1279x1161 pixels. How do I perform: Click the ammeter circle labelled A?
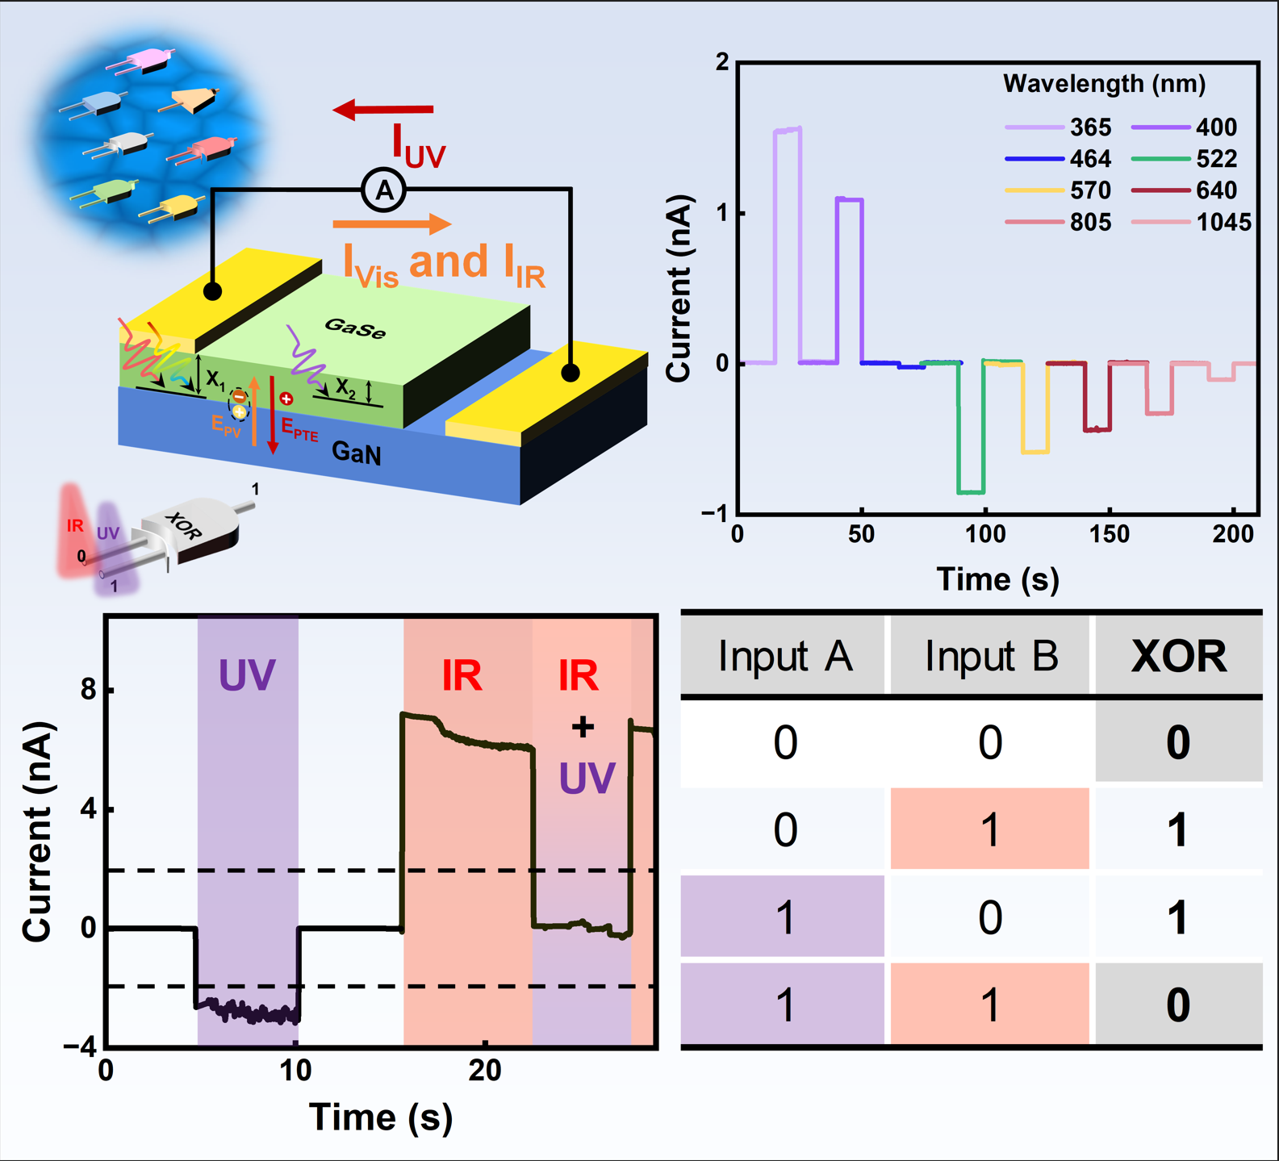[x=384, y=190]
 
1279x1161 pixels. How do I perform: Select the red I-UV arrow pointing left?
[x=383, y=109]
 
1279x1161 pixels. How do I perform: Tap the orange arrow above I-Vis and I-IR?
[x=391, y=223]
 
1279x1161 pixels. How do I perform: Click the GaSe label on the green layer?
[x=355, y=328]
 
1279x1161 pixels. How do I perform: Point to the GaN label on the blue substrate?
[x=356, y=453]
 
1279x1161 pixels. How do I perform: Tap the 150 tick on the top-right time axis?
[x=1110, y=534]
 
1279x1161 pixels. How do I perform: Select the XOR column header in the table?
[x=1178, y=656]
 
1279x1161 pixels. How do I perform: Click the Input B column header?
[x=991, y=656]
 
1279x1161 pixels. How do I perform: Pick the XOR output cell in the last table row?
[x=1178, y=1004]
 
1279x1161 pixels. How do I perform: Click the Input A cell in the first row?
[x=784, y=742]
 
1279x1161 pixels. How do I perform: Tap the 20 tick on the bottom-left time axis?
[x=484, y=1071]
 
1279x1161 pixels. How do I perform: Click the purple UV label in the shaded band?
[x=247, y=675]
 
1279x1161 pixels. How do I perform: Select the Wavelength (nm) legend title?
[x=1104, y=83]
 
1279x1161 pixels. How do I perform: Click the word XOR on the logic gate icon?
[x=183, y=526]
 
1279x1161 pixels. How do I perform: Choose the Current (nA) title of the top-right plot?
[x=679, y=287]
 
